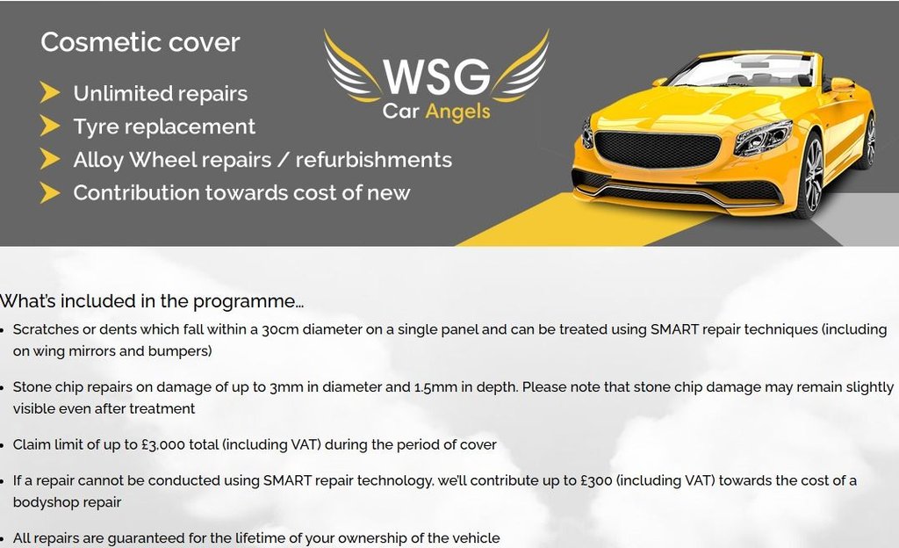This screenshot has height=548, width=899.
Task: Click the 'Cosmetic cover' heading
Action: [x=140, y=42]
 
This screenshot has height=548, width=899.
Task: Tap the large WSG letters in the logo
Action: [x=435, y=77]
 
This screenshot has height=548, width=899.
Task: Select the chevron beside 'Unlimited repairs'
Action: [x=50, y=93]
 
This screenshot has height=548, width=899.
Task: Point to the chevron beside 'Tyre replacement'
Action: [x=50, y=126]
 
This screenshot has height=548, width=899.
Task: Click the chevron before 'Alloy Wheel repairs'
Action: [x=50, y=159]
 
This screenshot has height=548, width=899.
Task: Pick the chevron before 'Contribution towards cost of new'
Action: [x=50, y=192]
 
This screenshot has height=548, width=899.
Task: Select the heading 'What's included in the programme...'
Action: [x=152, y=301]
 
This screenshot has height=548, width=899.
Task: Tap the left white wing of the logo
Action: [x=351, y=70]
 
